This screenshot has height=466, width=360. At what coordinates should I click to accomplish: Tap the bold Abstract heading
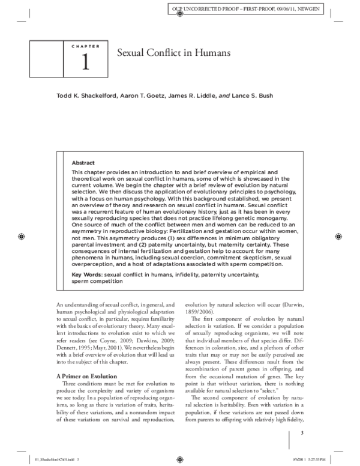83,162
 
